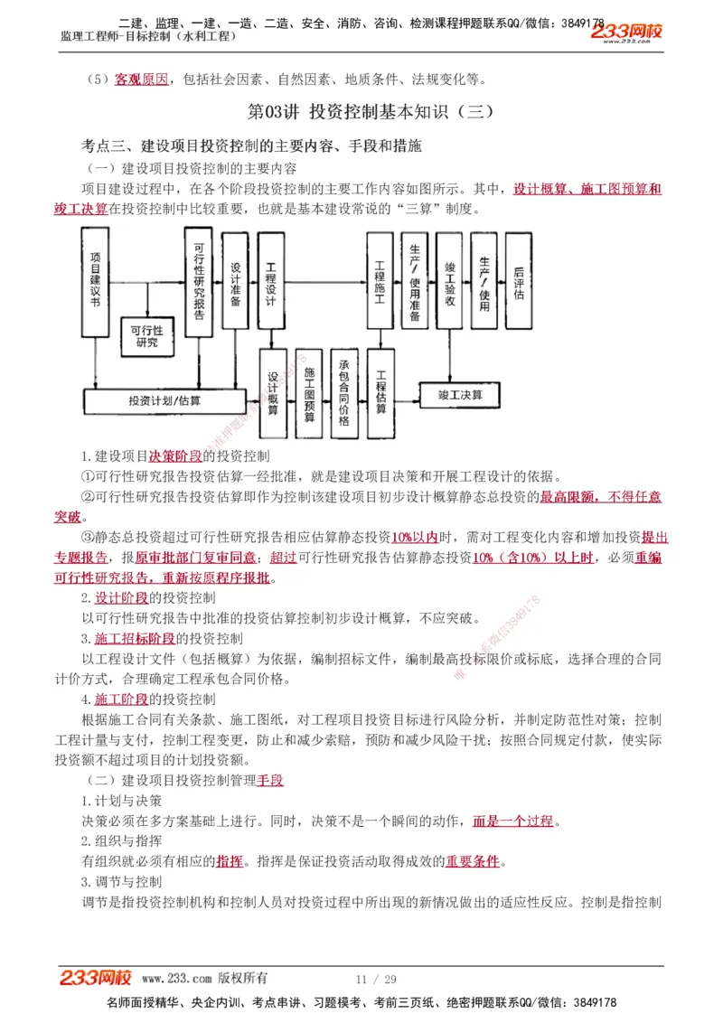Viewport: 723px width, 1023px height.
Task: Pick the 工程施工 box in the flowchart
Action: (x=380, y=280)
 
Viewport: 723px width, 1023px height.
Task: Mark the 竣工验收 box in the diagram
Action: (x=449, y=280)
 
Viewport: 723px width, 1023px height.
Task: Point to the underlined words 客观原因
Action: (x=141, y=80)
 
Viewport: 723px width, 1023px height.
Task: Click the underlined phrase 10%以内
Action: (x=414, y=537)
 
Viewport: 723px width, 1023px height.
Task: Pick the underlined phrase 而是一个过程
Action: (x=512, y=821)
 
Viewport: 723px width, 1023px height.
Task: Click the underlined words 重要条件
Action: (x=472, y=861)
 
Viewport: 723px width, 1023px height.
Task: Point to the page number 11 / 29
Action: (x=377, y=979)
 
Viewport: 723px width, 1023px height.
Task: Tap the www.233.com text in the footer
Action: (x=176, y=978)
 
